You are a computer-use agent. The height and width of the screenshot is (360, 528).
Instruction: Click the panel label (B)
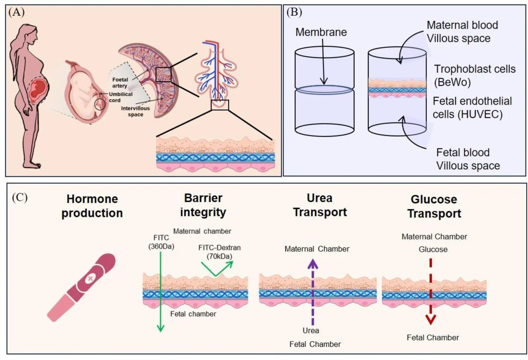coord(293,12)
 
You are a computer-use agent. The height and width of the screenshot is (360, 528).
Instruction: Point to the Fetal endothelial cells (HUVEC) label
coord(474,107)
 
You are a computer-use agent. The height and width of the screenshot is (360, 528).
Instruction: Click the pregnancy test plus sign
coord(89,278)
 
